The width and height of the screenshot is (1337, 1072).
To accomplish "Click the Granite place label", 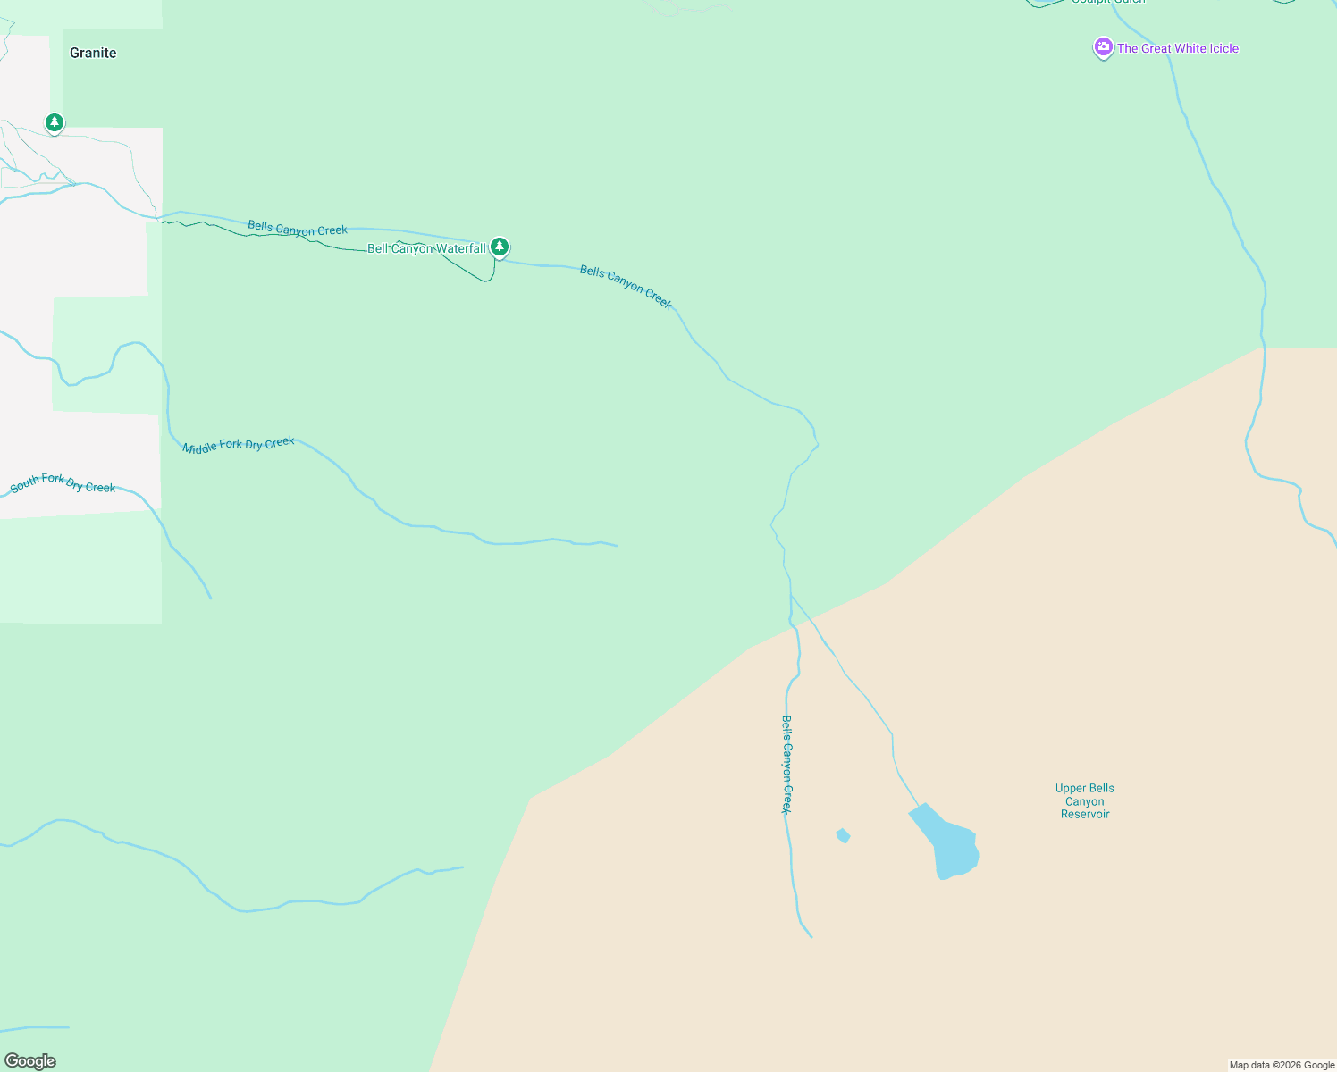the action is coord(93,53).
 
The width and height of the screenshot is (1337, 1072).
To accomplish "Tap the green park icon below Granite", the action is coord(55,122).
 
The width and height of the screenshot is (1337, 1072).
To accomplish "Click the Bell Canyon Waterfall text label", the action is coord(426,248).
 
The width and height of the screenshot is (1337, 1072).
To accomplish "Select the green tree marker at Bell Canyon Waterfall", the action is coord(500,247).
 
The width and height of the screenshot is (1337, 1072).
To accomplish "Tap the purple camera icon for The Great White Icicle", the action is coord(1103,48).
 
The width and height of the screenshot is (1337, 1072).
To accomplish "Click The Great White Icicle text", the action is coord(1178,48).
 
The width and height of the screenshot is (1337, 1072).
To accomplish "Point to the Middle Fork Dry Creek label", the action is coord(239,444).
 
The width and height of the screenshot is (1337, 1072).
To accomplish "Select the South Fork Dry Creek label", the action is coord(63,483).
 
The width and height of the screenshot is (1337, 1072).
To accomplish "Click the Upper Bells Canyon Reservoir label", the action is coord(1084,800).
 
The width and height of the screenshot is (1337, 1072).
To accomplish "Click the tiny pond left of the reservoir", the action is coord(843,835).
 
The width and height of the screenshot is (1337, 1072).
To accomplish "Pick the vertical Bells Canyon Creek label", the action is coord(786,764).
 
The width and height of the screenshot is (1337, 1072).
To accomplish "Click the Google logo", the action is coord(30,1061).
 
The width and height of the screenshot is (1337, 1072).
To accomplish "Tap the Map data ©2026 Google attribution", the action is coord(1282,1065).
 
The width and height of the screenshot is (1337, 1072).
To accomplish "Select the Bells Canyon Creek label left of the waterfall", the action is coord(298,229).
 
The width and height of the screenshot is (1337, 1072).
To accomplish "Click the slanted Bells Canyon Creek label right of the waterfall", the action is coord(626,287).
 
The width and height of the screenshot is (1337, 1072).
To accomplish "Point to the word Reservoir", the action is coord(1085,814).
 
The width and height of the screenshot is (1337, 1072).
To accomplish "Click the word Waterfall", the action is coord(461,248).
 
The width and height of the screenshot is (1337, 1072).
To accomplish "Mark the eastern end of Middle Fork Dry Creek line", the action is coord(616,545).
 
